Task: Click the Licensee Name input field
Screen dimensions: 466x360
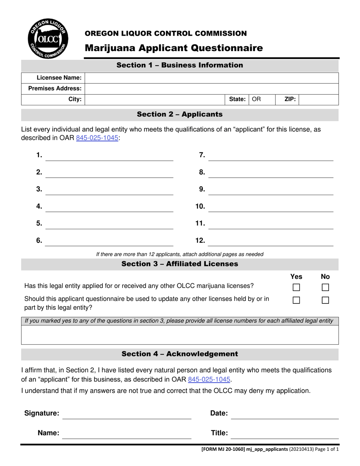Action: click(211, 78)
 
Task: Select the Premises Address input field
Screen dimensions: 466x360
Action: click(211, 89)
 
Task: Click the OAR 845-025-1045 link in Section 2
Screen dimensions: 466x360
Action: click(97, 138)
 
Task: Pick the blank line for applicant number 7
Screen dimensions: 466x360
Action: click(271, 156)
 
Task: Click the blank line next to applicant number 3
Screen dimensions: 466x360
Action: click(109, 190)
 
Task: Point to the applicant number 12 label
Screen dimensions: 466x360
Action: click(200, 240)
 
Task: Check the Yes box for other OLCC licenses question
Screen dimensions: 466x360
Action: click(296, 288)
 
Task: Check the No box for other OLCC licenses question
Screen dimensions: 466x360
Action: click(325, 288)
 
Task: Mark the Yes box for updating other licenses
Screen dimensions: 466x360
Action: click(296, 300)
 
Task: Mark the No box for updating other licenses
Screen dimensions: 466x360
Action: click(325, 300)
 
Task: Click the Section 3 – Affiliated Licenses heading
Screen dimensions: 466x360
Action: click(180, 264)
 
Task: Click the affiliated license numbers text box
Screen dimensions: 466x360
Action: click(180, 335)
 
